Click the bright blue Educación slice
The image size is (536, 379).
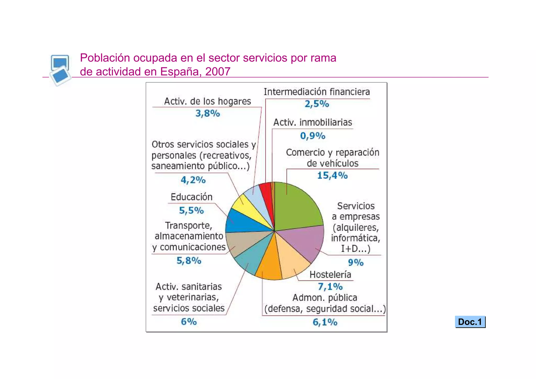point(241,221)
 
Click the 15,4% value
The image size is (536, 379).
point(332,175)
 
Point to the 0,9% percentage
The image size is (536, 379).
point(313,136)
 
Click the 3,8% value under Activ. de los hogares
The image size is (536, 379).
point(208,114)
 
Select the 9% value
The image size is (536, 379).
point(356,262)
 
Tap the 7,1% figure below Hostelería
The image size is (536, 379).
point(330,287)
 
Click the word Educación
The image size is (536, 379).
point(192,197)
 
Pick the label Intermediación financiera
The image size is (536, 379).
point(317,92)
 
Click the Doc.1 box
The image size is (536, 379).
point(470,322)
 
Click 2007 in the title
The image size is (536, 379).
point(218,72)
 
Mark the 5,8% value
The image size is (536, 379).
point(189,261)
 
